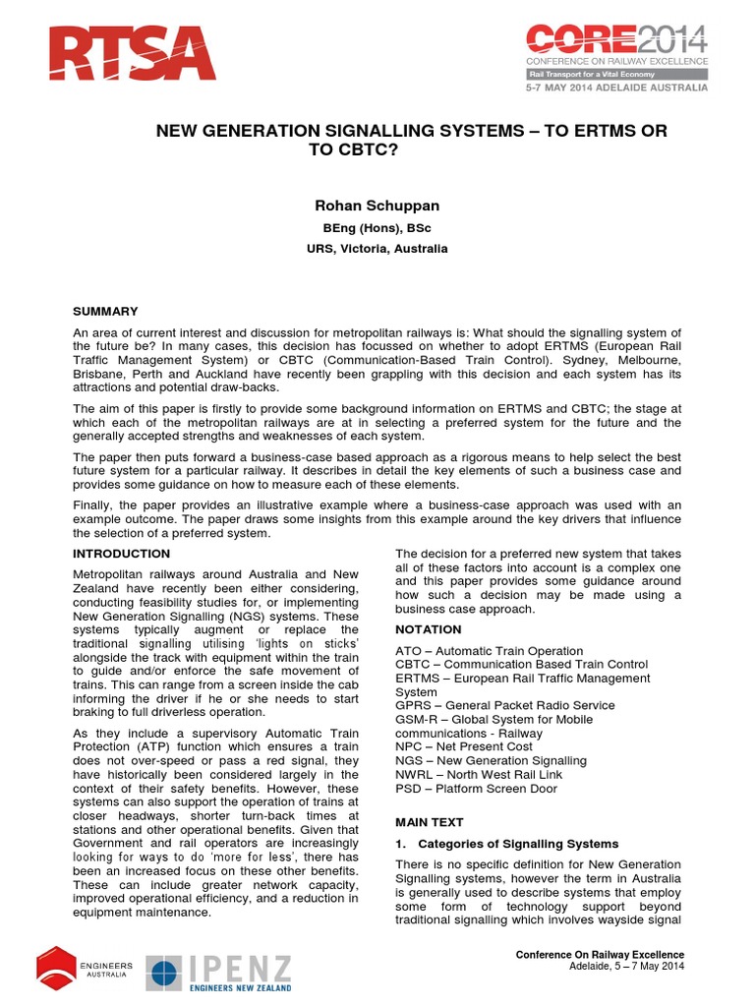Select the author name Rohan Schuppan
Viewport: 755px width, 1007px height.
click(377, 205)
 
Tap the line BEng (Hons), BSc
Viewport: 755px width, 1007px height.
click(377, 228)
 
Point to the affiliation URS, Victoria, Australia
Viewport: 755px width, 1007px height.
click(377, 249)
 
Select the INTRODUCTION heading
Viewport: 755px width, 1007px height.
click(123, 555)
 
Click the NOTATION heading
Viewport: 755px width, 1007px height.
click(428, 629)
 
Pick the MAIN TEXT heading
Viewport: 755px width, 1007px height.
click(429, 821)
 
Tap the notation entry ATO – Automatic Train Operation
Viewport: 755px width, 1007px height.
click(489, 651)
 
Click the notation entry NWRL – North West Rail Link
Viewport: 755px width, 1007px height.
click(478, 774)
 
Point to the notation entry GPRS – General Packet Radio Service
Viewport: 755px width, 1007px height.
click(504, 705)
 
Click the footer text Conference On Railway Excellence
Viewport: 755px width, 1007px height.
click(600, 955)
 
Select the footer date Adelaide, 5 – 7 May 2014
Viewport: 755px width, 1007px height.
click(626, 967)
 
